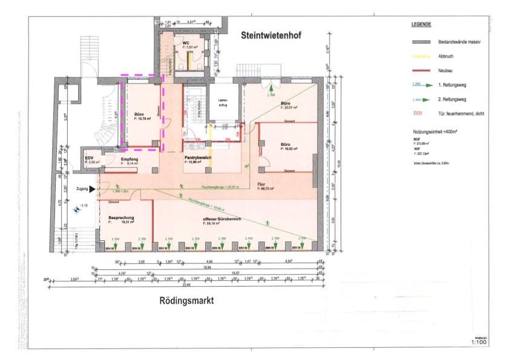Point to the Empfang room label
(130, 159)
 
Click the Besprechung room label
(120, 217)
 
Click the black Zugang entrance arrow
(92, 189)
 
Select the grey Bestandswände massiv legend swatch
(419, 43)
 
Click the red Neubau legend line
(419, 71)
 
